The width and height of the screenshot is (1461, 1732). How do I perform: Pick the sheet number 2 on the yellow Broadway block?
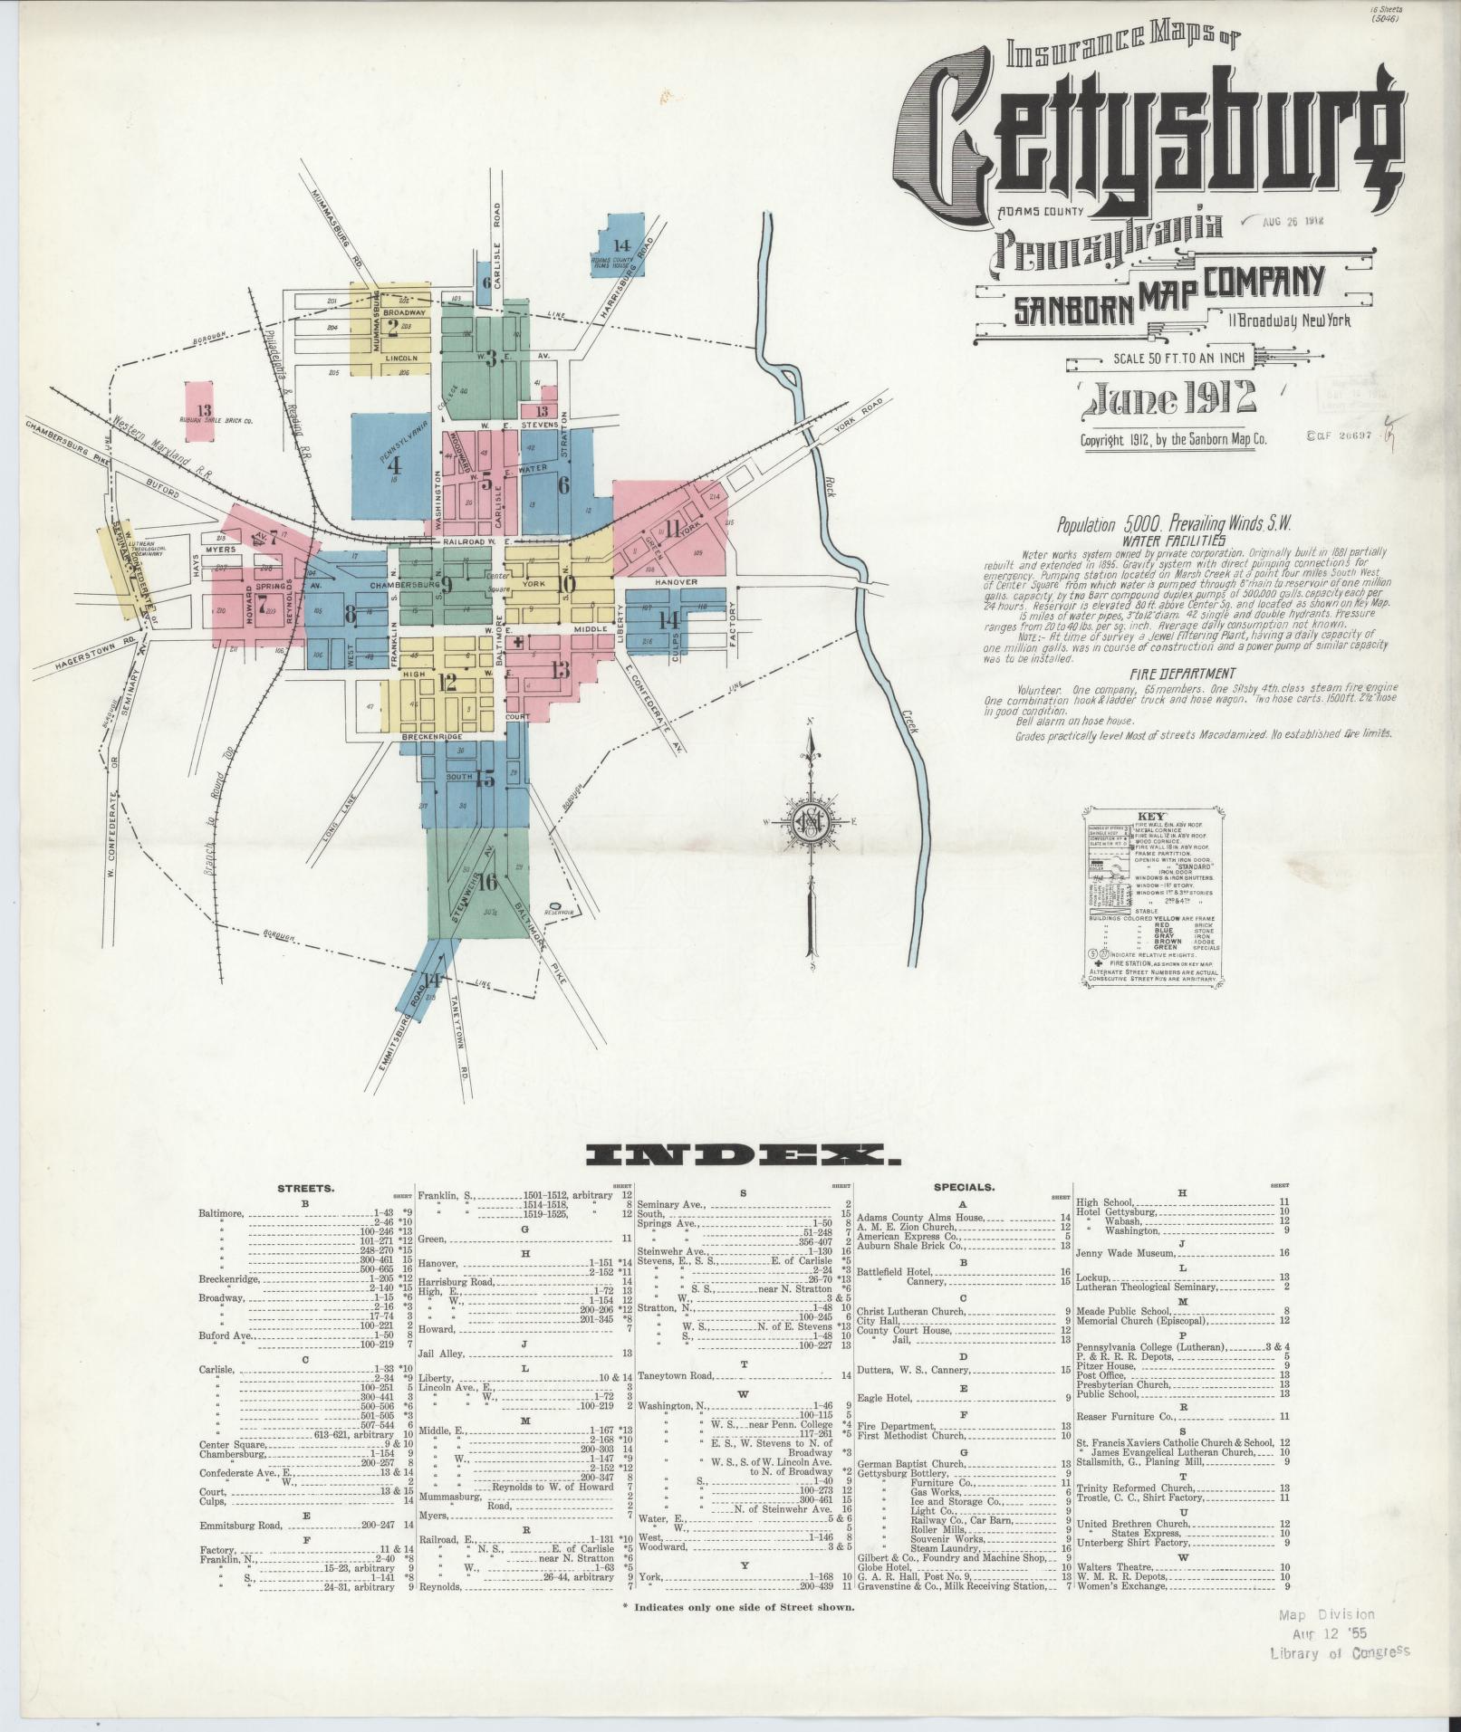[x=392, y=328]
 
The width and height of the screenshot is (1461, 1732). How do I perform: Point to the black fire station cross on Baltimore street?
[x=517, y=642]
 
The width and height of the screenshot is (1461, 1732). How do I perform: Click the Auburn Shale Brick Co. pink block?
[x=205, y=413]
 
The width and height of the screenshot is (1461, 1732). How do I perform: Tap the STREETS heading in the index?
[x=305, y=1188]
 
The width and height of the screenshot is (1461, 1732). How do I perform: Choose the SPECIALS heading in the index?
[x=964, y=1185]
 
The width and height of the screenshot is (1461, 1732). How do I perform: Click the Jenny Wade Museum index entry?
[x=1126, y=1253]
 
